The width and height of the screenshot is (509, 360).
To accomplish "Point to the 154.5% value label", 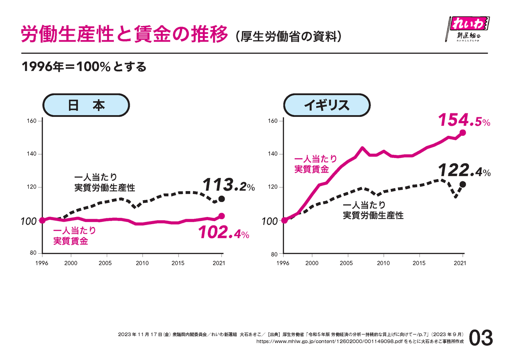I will click(464, 120).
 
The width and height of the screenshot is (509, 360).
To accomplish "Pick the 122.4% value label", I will click(464, 171).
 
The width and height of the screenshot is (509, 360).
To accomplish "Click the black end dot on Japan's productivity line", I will click(222, 199).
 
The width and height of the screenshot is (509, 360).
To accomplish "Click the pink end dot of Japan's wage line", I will click(222, 216).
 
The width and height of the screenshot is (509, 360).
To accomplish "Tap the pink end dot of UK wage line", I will click(463, 132).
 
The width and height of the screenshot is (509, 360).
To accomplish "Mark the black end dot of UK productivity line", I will click(463, 184).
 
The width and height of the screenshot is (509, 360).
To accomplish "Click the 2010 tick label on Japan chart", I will click(142, 263).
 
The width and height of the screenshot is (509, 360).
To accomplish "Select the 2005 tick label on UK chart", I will click(348, 263).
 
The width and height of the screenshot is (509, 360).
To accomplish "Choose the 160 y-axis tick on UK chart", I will click(273, 121).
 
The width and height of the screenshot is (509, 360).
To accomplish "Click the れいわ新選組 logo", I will click(468, 29).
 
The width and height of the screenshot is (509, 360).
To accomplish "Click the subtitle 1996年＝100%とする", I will click(84, 67).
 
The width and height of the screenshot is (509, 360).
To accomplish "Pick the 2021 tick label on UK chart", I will click(460, 263).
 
